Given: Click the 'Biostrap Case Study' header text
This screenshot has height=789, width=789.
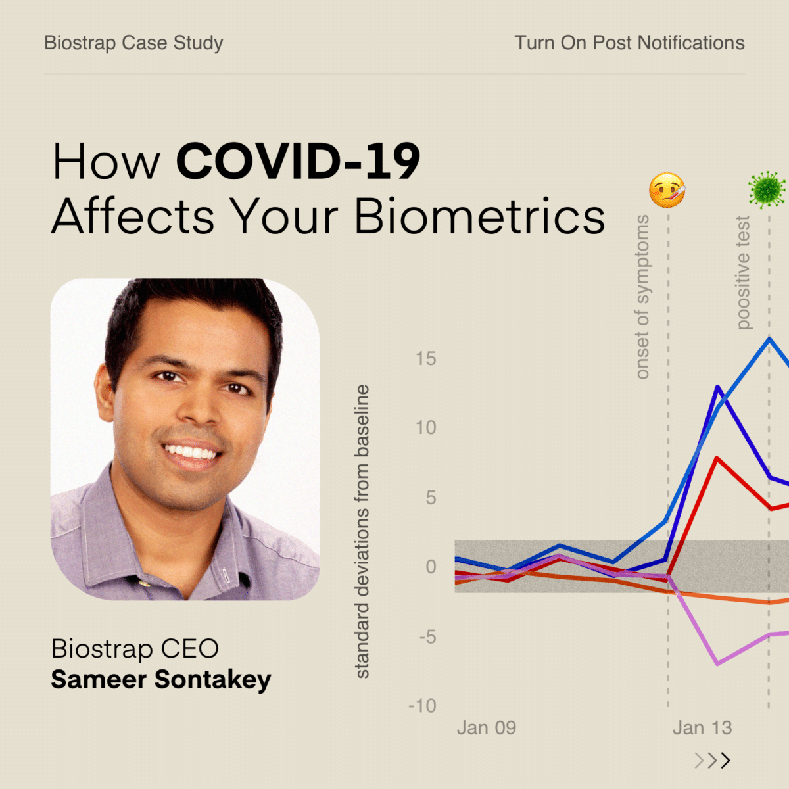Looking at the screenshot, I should click(133, 43).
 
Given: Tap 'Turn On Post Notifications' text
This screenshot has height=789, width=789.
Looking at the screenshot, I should click(629, 43).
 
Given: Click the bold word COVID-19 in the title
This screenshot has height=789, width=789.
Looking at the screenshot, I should click(298, 161).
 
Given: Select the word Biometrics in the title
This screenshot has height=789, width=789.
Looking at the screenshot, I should click(479, 216).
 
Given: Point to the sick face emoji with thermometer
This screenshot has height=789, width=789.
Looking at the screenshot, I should click(667, 191).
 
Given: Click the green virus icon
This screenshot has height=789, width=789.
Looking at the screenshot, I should click(767, 190).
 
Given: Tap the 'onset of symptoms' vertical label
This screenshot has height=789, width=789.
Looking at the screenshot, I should click(642, 297).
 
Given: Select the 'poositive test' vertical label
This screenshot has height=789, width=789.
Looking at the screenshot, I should click(742, 272).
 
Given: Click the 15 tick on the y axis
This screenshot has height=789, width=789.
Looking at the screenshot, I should click(425, 358).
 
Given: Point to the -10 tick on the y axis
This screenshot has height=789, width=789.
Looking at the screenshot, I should click(422, 705).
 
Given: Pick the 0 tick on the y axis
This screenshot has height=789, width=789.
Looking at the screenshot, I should click(431, 566).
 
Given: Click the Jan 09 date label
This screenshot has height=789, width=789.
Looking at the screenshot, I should click(487, 728).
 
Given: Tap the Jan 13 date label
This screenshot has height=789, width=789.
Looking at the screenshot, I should click(702, 728).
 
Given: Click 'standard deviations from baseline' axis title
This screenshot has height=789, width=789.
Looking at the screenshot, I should click(362, 531).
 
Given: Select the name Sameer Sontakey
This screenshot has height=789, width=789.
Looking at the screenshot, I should click(161, 679).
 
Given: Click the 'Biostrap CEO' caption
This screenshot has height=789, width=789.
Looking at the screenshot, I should click(135, 648).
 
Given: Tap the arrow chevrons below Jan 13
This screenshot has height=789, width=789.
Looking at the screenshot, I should click(712, 761).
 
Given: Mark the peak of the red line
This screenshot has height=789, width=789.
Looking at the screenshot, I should click(717, 458).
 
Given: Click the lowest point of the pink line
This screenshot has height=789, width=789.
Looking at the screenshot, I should click(717, 663).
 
